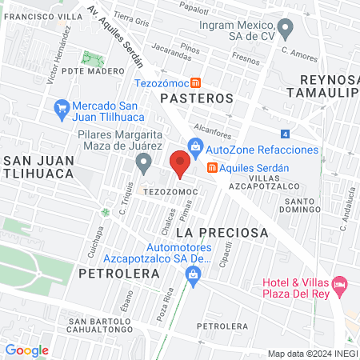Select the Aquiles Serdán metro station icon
pyautogui.click(x=212, y=167)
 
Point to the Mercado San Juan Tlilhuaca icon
pyautogui.click(x=62, y=106)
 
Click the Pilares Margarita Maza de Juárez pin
pyautogui.click(x=143, y=164)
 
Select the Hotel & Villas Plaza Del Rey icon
pyautogui.click(x=341, y=284)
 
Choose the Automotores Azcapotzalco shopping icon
pyautogui.click(x=192, y=275)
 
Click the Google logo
pyautogui.click(x=26, y=350)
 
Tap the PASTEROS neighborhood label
pyautogui.click(x=196, y=98)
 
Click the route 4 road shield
pyautogui.click(x=286, y=134)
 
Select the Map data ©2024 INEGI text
pyautogui.click(x=311, y=353)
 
